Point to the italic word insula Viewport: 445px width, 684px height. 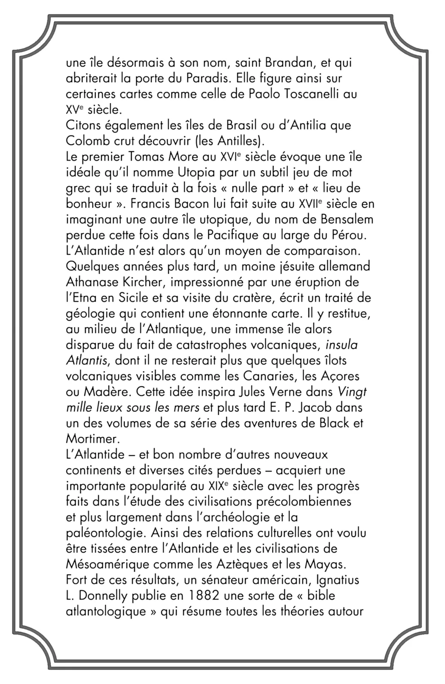[x=342, y=345]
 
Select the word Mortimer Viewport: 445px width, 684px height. [x=92, y=439]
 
